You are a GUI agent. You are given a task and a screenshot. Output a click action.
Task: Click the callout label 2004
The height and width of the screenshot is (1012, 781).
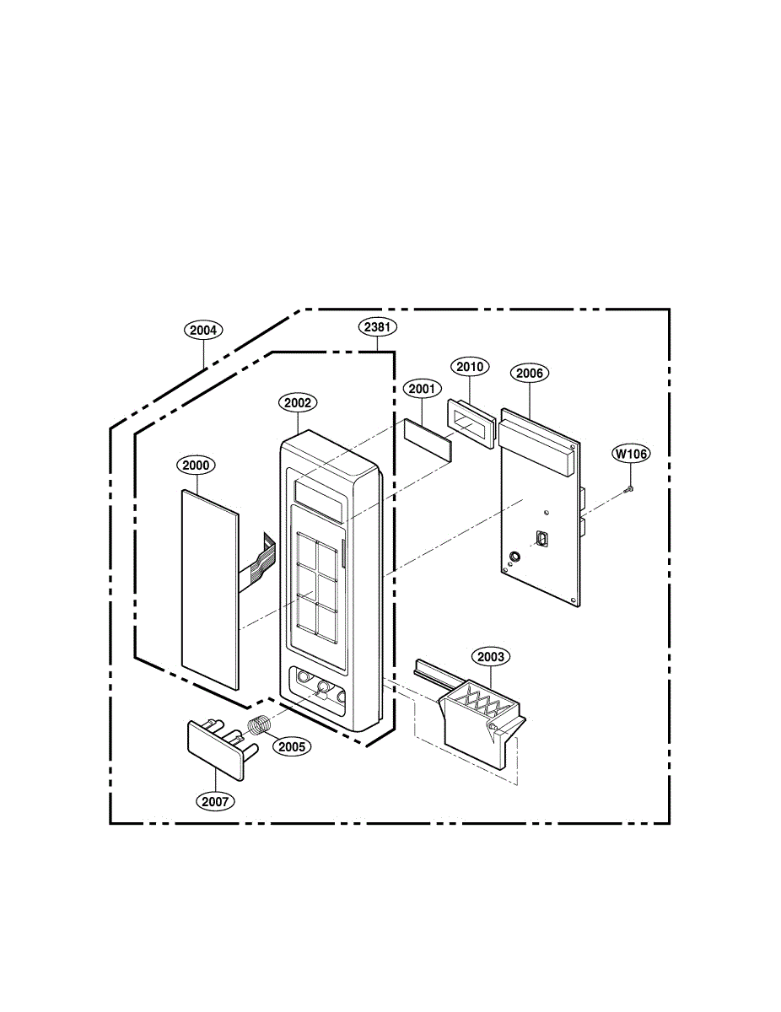pyautogui.click(x=202, y=331)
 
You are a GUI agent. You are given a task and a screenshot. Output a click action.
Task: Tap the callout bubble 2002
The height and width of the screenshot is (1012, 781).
pyautogui.click(x=298, y=403)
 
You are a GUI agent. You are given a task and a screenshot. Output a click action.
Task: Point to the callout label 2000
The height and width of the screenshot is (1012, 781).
pyautogui.click(x=196, y=465)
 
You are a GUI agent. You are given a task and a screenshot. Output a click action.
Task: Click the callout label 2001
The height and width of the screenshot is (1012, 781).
pyautogui.click(x=422, y=389)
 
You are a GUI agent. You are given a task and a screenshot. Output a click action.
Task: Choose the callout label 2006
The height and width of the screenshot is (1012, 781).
pyautogui.click(x=529, y=373)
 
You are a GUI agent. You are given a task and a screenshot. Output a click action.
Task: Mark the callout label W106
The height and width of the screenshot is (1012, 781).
pyautogui.click(x=631, y=454)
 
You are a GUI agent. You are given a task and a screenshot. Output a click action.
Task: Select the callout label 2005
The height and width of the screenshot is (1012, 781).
pyautogui.click(x=292, y=746)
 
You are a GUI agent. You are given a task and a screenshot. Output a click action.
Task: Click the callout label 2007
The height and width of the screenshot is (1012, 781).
pyautogui.click(x=215, y=801)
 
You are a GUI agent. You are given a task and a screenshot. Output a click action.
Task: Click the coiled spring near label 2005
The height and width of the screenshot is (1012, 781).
pyautogui.click(x=262, y=724)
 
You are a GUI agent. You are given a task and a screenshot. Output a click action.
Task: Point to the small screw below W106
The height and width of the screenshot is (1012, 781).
pyautogui.click(x=629, y=488)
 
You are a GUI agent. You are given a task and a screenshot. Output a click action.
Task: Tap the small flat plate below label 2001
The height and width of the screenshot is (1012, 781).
pyautogui.click(x=428, y=438)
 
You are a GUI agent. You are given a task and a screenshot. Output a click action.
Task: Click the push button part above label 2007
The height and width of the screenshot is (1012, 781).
pyautogui.click(x=214, y=742)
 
